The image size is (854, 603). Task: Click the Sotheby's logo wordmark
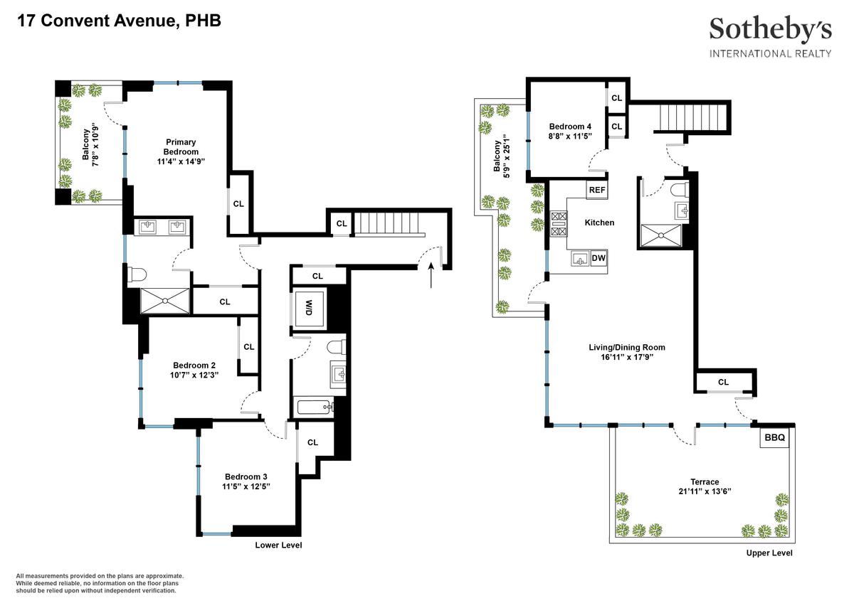click(x=770, y=30)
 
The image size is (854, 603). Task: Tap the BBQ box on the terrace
click(x=774, y=437)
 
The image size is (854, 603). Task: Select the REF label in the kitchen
click(x=596, y=190)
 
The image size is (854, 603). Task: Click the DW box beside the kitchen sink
click(x=599, y=258)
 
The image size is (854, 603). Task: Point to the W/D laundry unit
click(x=309, y=308)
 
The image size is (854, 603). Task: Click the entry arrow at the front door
click(x=431, y=275)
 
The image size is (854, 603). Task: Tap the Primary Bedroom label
click(x=181, y=146)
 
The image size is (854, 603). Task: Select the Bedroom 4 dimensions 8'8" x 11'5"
click(x=570, y=136)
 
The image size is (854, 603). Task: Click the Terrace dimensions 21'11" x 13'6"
click(x=705, y=491)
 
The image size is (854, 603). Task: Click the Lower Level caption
click(x=278, y=545)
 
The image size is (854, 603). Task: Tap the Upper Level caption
click(x=769, y=553)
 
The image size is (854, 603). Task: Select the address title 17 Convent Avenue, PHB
click(x=119, y=21)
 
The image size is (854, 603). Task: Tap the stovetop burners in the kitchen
click(x=559, y=223)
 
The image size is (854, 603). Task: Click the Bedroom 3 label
click(x=246, y=476)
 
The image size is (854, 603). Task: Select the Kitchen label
click(x=599, y=223)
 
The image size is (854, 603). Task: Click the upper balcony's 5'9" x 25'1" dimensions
click(x=506, y=156)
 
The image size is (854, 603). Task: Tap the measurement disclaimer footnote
click(x=100, y=583)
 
